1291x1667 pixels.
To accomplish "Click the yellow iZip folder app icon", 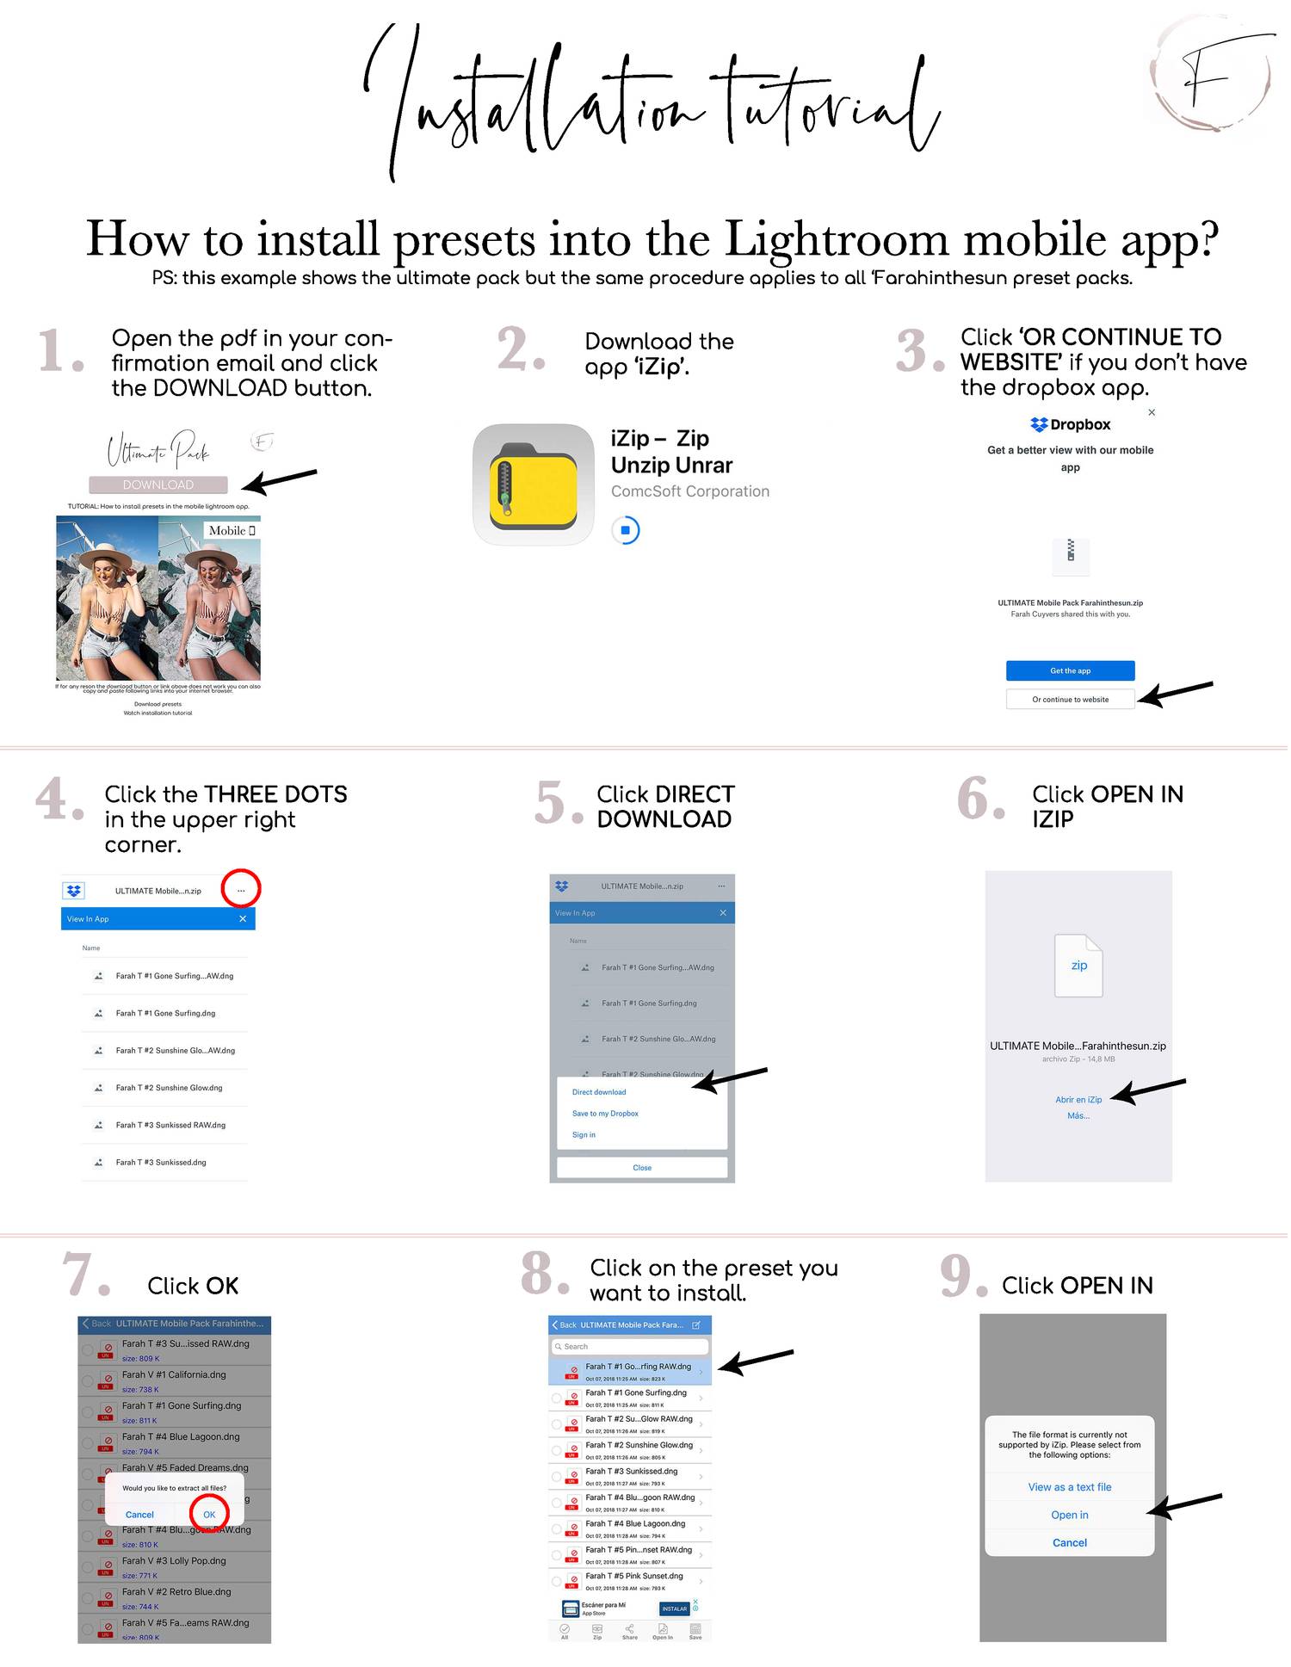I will [x=533, y=484].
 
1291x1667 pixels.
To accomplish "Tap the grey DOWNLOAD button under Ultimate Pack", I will [x=158, y=485].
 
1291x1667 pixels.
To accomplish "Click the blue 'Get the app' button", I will [x=1070, y=670].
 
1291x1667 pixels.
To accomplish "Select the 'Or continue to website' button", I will [x=1070, y=699].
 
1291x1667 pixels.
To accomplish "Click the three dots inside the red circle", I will [x=241, y=890].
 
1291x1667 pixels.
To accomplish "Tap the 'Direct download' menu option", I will [x=599, y=1092].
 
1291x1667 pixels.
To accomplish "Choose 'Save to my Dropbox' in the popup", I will [x=605, y=1114].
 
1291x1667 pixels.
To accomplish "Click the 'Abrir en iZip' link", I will [x=1078, y=1099].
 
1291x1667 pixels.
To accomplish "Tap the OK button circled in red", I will [x=209, y=1515].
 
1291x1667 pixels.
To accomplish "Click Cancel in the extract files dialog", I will [x=139, y=1515].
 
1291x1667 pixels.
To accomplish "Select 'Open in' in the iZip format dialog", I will [x=1069, y=1515].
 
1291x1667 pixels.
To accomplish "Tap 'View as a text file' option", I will [x=1069, y=1487].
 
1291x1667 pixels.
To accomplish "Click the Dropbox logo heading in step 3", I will [x=1070, y=424].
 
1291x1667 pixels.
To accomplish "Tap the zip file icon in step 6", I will [x=1078, y=966].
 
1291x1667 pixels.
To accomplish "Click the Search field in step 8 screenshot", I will [x=630, y=1346].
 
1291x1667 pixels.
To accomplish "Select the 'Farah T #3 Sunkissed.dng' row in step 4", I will [x=161, y=1162].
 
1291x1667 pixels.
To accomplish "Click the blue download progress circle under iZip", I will [x=626, y=530].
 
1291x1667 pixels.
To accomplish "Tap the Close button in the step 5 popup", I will [x=642, y=1168].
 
